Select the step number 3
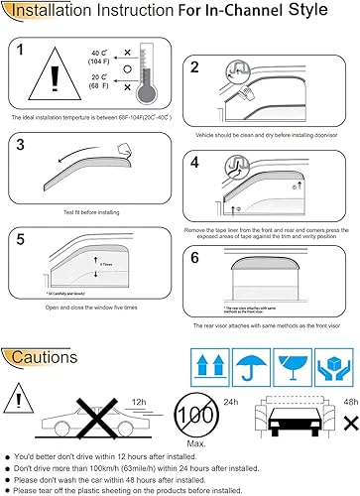[22, 144]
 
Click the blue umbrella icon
[253, 365]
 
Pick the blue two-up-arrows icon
[212, 365]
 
